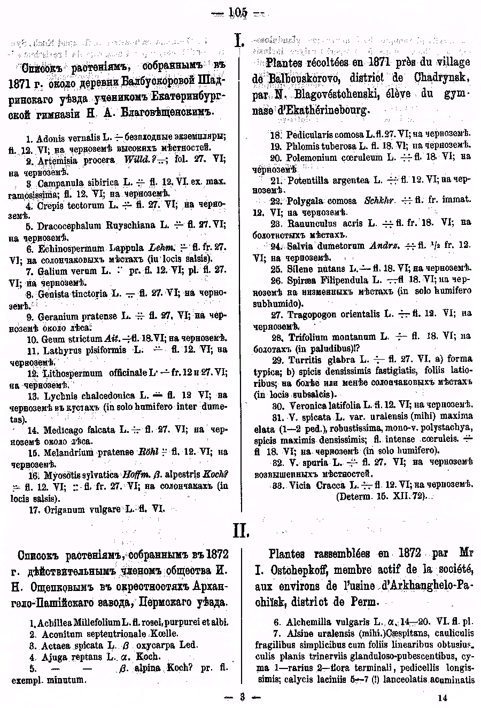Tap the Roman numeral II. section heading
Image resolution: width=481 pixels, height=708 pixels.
tap(241, 531)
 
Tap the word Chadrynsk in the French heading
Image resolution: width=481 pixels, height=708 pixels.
tap(441, 77)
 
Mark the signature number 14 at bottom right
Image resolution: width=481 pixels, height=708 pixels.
tap(441, 697)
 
